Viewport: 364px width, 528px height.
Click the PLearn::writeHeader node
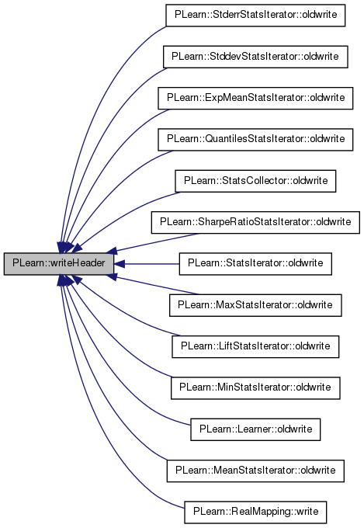59,263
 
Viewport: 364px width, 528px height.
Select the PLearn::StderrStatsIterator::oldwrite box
255,16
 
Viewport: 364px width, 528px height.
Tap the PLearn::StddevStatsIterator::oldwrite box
255,57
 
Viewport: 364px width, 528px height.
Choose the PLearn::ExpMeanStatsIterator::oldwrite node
255,98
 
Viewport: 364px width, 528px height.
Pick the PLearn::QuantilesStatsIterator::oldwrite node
255,140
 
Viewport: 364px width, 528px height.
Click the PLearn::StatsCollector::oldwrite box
255,181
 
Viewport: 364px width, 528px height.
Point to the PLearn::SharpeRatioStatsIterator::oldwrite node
255,222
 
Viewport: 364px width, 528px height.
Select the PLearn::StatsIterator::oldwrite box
255,264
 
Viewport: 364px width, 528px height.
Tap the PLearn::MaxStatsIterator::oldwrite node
255,305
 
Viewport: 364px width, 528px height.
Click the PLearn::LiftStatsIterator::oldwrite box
255,346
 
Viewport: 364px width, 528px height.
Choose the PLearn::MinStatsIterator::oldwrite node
255,388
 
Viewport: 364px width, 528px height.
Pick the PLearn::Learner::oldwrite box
255,429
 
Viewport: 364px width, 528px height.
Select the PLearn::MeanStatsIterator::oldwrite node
255,471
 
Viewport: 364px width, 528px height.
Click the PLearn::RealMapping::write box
255,512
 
